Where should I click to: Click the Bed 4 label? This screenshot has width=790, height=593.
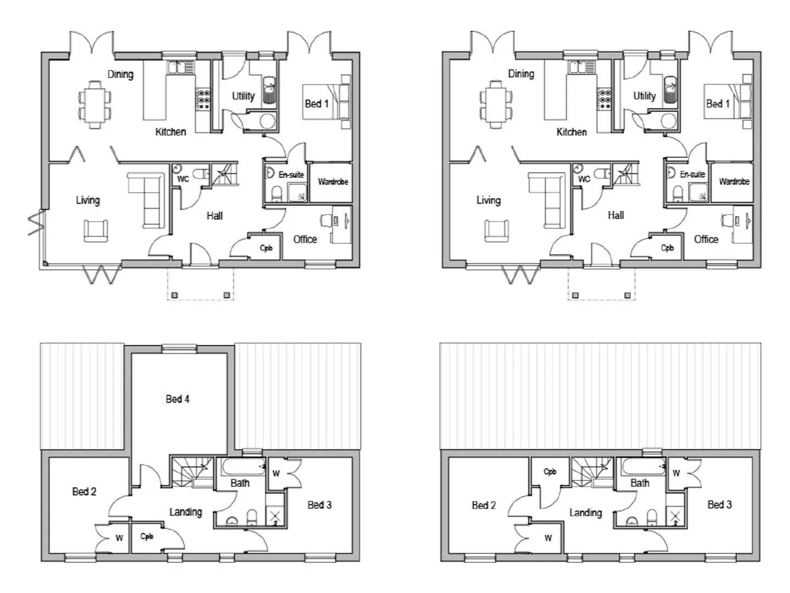pyautogui.click(x=177, y=399)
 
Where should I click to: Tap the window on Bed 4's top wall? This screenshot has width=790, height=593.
pyautogui.click(x=178, y=348)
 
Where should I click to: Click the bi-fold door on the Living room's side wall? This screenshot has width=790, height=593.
pyautogui.click(x=35, y=222)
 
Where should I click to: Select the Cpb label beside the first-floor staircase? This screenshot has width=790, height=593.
pyautogui.click(x=550, y=471)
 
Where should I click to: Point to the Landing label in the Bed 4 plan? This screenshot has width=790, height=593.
pyautogui.click(x=186, y=512)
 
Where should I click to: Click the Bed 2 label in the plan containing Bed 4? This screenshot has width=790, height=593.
pyautogui.click(x=84, y=491)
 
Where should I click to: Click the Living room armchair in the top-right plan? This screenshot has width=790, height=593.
pyautogui.click(x=496, y=231)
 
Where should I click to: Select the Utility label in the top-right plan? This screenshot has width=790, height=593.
pyautogui.click(x=644, y=96)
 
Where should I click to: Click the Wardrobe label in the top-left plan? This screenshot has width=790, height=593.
pyautogui.click(x=333, y=182)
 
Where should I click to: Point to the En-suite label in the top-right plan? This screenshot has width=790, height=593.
pyautogui.click(x=692, y=174)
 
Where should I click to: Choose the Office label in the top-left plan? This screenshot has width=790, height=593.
pyautogui.click(x=305, y=239)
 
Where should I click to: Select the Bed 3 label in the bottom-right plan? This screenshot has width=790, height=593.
pyautogui.click(x=719, y=505)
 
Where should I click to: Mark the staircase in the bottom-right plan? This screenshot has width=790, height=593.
pyautogui.click(x=592, y=472)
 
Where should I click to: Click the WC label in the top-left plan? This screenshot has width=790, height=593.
pyautogui.click(x=183, y=179)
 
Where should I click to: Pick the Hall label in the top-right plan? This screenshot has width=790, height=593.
pyautogui.click(x=615, y=215)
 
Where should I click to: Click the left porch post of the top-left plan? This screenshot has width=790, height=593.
pyautogui.click(x=174, y=295)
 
